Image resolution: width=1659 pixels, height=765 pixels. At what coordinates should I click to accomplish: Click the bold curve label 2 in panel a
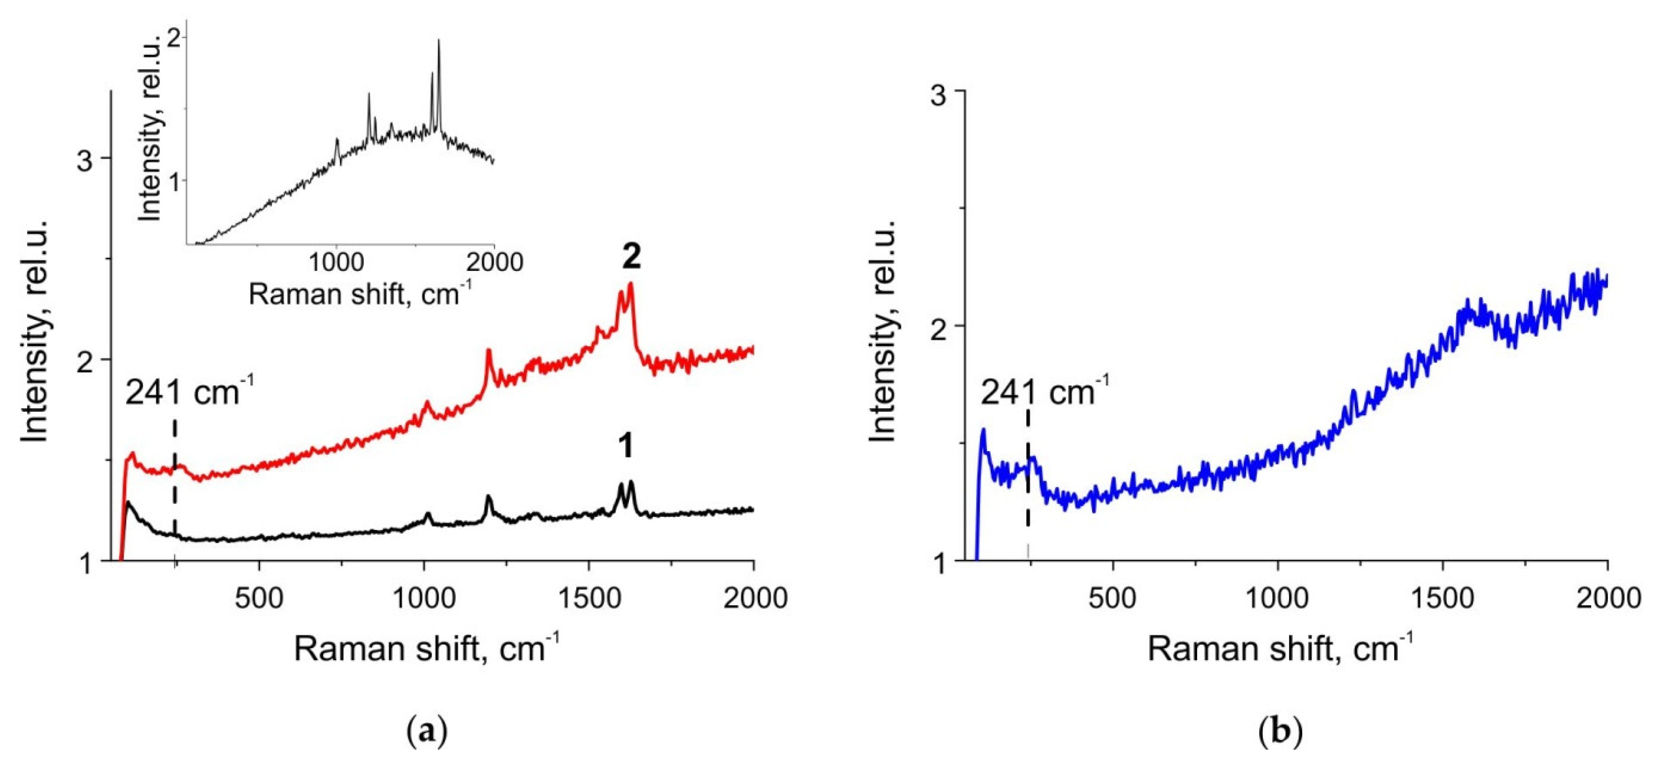point(631,258)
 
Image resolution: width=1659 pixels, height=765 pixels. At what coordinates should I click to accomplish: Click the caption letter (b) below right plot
point(1280,733)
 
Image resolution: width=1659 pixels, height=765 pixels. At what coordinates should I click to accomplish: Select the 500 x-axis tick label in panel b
point(1113,598)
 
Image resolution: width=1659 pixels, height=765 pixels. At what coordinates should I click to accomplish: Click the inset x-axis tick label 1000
point(337,263)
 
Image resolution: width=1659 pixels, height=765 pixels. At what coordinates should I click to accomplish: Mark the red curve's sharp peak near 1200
point(488,351)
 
